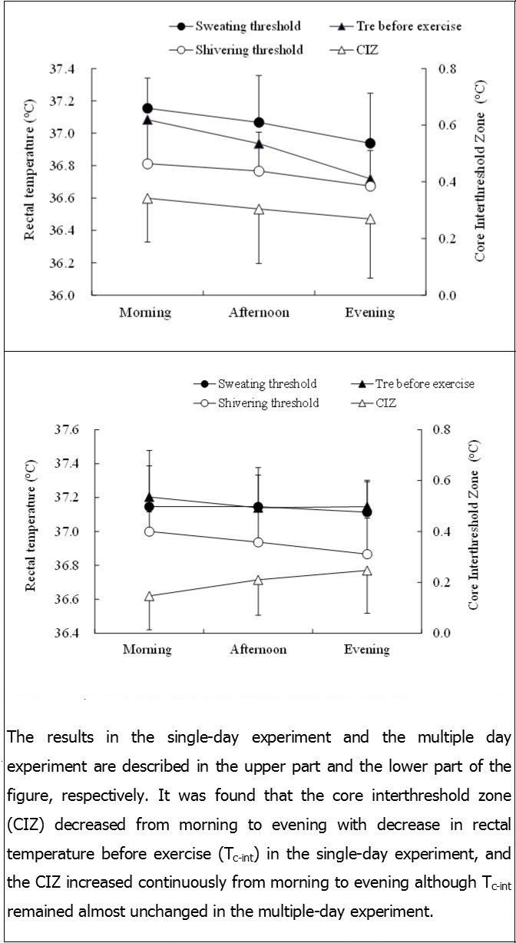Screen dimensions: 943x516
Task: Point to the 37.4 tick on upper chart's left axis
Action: point(61,69)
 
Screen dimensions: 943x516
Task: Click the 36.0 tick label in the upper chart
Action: point(61,296)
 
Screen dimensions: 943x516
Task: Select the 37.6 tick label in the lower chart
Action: point(66,430)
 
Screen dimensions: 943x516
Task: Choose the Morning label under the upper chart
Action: point(145,313)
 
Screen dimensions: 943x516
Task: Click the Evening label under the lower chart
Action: point(366,650)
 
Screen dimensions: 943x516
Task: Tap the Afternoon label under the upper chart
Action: point(258,313)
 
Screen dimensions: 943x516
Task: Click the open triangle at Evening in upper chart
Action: point(370,219)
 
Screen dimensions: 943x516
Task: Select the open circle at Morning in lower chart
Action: point(148,531)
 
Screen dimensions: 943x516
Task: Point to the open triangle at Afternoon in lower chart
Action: point(259,580)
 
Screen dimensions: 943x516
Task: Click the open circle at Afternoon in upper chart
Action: point(259,170)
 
